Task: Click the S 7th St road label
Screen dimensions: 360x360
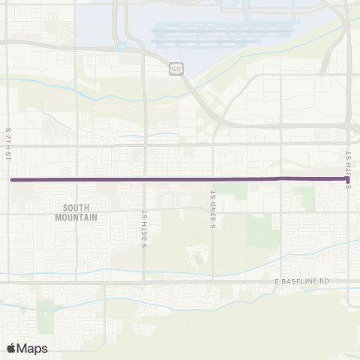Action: pyautogui.click(x=7, y=144)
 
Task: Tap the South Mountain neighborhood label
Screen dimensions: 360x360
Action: pyautogui.click(x=76, y=211)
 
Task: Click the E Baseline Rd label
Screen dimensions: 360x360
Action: pyautogui.click(x=301, y=280)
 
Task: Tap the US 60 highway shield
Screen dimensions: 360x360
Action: pyautogui.click(x=175, y=68)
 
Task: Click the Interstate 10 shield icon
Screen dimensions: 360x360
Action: pyautogui.click(x=120, y=46)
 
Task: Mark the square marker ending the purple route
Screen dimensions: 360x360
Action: pyautogui.click(x=348, y=179)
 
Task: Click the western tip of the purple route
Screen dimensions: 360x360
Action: pyautogui.click(x=11, y=180)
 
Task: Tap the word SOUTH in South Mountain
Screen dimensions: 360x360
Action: pyautogui.click(x=76, y=207)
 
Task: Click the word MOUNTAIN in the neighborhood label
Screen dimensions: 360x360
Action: pyautogui.click(x=76, y=217)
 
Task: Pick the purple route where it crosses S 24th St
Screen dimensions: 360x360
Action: pyautogui.click(x=144, y=180)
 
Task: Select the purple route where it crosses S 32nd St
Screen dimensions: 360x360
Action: pyautogui.click(x=213, y=179)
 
